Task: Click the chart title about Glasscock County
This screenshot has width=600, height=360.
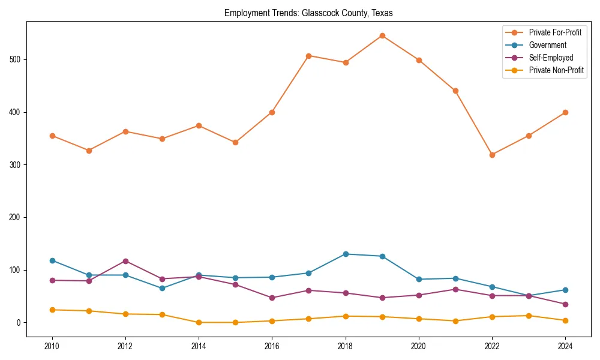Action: pyautogui.click(x=308, y=13)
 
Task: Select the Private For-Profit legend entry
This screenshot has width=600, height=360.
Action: pyautogui.click(x=555, y=32)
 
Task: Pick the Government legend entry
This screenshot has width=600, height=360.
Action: pyautogui.click(x=547, y=45)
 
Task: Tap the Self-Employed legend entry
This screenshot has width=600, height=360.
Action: pyautogui.click(x=551, y=58)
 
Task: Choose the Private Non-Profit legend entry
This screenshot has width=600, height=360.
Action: pyautogui.click(x=556, y=70)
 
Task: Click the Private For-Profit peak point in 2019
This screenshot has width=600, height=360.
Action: pyautogui.click(x=382, y=35)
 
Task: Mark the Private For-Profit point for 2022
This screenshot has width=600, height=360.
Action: pyautogui.click(x=492, y=155)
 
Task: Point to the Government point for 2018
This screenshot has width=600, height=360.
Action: pyautogui.click(x=346, y=254)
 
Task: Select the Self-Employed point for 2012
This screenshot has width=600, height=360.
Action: pyautogui.click(x=125, y=261)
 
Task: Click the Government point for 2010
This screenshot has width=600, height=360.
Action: pyautogui.click(x=52, y=260)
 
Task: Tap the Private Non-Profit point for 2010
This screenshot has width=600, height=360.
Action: pyautogui.click(x=52, y=310)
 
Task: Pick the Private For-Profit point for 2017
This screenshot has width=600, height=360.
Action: pyautogui.click(x=308, y=56)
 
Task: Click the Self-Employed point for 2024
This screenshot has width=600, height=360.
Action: pyautogui.click(x=565, y=304)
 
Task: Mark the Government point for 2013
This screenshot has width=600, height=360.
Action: pyautogui.click(x=162, y=288)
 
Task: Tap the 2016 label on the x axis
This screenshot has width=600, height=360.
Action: pyautogui.click(x=272, y=346)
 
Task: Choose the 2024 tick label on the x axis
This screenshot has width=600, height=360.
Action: pyautogui.click(x=565, y=346)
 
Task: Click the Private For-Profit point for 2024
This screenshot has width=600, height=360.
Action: pyautogui.click(x=565, y=112)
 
